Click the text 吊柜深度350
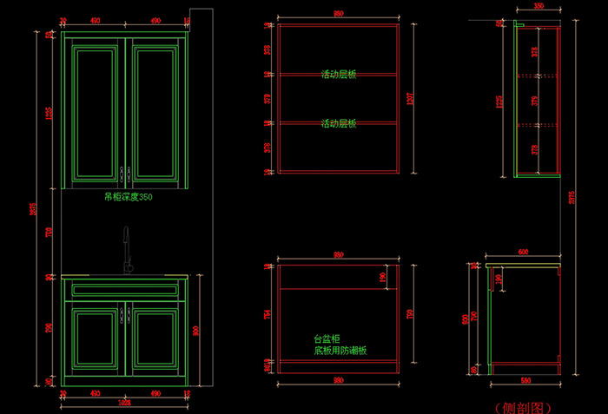[x=128, y=197]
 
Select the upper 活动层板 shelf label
[x=339, y=75]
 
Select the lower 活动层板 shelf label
[x=339, y=123]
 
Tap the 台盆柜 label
[x=326, y=339]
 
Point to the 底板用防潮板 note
[x=340, y=351]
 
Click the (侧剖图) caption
[x=522, y=406]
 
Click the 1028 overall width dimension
[x=124, y=403]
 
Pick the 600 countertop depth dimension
[x=523, y=252]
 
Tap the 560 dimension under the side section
[x=524, y=381]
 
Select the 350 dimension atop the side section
[x=539, y=6]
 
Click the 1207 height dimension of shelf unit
[x=413, y=99]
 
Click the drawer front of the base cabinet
[x=125, y=290]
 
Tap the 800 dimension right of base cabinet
[x=197, y=330]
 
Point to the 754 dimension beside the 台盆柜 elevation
[x=267, y=314]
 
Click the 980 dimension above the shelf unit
[x=338, y=15]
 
